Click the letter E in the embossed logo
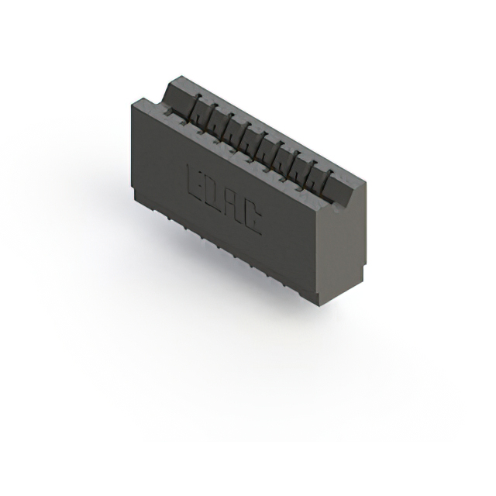(x=196, y=179)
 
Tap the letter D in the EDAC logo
(x=214, y=191)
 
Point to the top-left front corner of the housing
(x=133, y=104)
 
